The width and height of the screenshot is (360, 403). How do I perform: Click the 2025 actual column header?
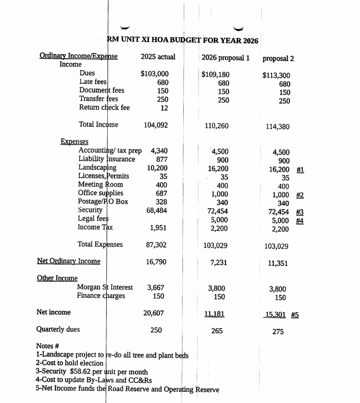[x=158, y=57]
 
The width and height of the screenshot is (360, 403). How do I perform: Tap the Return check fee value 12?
[x=165, y=108]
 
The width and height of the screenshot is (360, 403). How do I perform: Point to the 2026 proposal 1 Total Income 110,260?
[x=216, y=126]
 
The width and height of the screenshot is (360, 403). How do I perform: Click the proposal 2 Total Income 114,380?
[x=278, y=127]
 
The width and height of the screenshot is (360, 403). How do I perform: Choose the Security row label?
[x=90, y=210]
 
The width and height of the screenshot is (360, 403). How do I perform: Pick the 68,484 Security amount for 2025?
[x=156, y=211]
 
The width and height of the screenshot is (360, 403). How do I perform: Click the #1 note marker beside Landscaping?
[x=300, y=170]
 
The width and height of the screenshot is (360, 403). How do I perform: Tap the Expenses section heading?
[x=74, y=142]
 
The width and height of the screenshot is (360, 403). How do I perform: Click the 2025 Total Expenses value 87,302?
[x=156, y=245]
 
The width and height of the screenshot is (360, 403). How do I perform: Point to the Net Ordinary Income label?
[x=69, y=261]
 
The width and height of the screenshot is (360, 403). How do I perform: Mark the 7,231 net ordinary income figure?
[x=218, y=262]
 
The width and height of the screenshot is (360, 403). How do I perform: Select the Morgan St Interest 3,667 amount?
[x=156, y=288]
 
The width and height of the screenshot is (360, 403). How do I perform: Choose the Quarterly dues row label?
[x=58, y=330]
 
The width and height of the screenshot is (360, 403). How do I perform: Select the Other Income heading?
[x=57, y=278]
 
